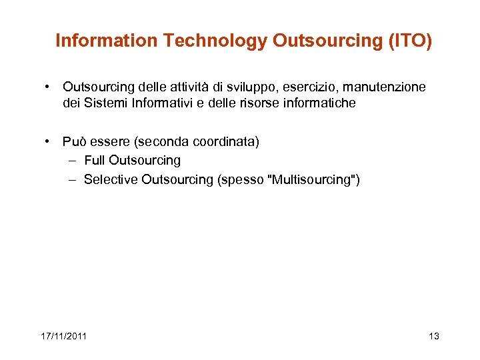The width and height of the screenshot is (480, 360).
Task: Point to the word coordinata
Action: (225, 142)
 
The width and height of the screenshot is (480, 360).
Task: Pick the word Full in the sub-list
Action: (94, 160)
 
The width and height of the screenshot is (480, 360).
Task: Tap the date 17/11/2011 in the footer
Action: (63, 335)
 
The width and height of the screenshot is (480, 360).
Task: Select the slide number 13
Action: (434, 335)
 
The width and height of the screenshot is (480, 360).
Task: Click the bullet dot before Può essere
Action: (49, 141)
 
